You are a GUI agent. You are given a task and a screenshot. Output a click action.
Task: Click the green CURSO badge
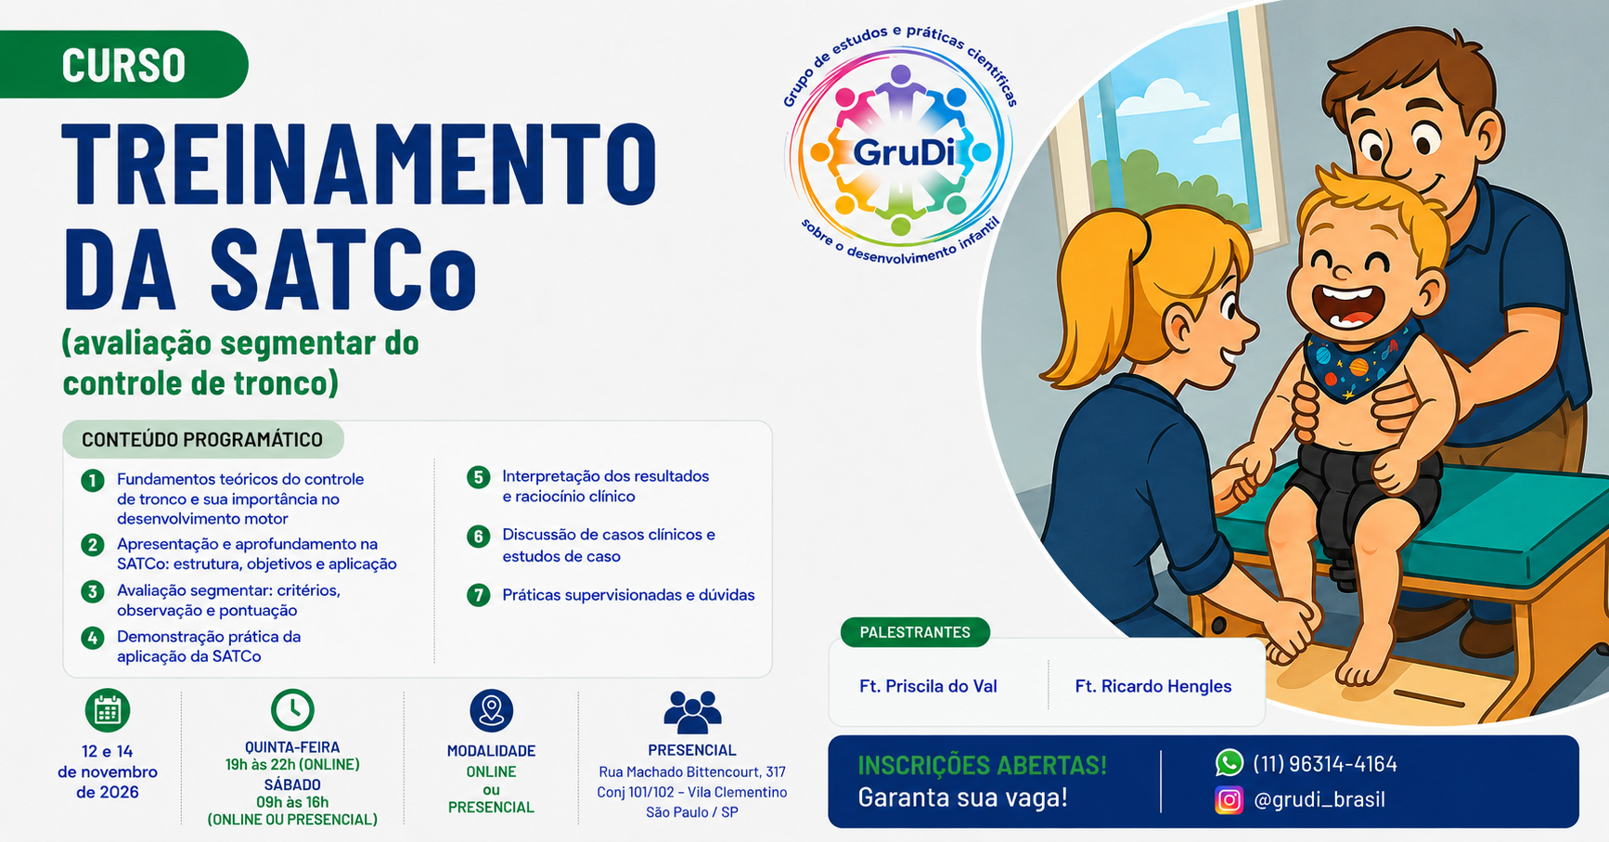coord(123,64)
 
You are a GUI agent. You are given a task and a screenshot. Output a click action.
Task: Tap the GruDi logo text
coord(903,151)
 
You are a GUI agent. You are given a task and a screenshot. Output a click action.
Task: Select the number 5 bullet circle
coord(478,477)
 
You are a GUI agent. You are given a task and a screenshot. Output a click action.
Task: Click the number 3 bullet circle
coord(93,591)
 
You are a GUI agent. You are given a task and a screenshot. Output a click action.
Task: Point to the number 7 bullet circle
coord(478,595)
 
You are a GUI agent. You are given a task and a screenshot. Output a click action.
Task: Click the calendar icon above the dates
coord(108,711)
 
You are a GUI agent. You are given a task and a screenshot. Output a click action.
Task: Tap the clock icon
coord(292,710)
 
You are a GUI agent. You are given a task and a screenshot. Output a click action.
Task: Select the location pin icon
coord(492,711)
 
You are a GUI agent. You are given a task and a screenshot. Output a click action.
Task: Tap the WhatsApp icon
coord(1229,763)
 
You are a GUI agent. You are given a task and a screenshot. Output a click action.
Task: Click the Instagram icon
coord(1229,799)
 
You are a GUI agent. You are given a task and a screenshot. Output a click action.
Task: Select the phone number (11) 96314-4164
coord(1325,764)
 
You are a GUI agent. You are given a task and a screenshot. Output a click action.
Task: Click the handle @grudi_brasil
coord(1319,799)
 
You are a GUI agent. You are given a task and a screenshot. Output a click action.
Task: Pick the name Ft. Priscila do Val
coord(928,686)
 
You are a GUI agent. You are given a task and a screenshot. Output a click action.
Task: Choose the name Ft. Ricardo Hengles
coord(1153,686)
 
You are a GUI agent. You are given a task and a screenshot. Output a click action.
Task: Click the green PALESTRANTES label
coord(915,632)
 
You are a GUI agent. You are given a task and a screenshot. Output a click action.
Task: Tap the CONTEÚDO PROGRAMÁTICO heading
coord(202,440)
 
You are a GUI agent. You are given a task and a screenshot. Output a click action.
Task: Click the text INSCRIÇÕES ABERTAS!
coord(982,765)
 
